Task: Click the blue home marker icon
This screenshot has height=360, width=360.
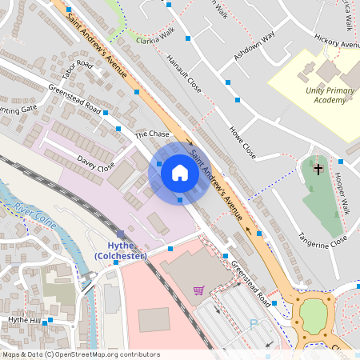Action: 180,172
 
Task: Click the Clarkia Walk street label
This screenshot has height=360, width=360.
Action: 155,40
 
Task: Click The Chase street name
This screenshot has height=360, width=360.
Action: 153,134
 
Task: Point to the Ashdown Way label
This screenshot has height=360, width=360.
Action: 254,46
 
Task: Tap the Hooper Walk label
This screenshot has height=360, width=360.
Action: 342,192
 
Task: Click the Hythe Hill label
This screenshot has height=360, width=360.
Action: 23,320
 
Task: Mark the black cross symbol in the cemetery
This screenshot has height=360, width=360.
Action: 318,170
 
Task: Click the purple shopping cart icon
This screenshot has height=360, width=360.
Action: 198,290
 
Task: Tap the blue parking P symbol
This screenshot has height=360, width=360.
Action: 255,325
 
